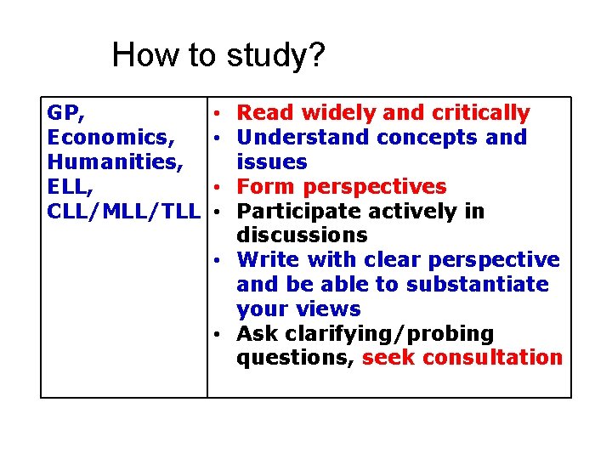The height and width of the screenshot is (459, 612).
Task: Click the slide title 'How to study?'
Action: (x=218, y=56)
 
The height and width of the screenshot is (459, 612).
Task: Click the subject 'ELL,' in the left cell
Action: (x=71, y=186)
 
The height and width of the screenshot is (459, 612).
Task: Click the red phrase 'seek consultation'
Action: (x=462, y=358)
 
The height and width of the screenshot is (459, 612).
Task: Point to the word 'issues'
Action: (x=272, y=161)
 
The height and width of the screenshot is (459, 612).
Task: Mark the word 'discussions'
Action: (x=302, y=235)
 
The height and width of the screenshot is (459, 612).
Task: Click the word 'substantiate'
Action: (x=478, y=284)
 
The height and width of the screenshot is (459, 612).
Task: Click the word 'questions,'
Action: (x=295, y=358)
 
